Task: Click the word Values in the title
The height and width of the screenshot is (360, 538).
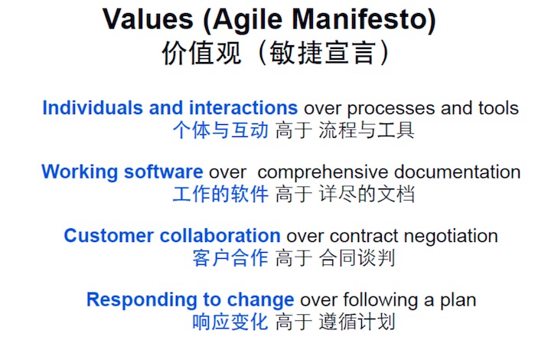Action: (x=148, y=19)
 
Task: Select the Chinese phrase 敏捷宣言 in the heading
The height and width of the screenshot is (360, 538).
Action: (x=322, y=53)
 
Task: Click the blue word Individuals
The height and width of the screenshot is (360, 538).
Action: (x=93, y=108)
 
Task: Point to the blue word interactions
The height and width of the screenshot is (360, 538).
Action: (x=243, y=108)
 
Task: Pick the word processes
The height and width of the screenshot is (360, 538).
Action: (x=391, y=110)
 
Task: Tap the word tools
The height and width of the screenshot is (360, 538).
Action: (x=498, y=108)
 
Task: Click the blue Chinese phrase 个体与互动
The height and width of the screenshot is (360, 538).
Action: (x=220, y=130)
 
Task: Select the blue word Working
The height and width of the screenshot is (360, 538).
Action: (x=80, y=172)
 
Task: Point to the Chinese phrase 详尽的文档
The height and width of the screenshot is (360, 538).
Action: (x=367, y=194)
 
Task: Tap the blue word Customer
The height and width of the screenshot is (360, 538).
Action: (x=109, y=236)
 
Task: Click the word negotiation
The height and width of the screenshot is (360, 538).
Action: (x=451, y=237)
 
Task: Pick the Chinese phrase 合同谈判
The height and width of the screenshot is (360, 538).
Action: (x=357, y=258)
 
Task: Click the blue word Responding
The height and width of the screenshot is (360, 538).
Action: (x=142, y=300)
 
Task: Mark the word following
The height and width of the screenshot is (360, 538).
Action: (x=380, y=301)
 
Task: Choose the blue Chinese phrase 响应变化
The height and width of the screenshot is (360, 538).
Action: (x=230, y=322)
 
